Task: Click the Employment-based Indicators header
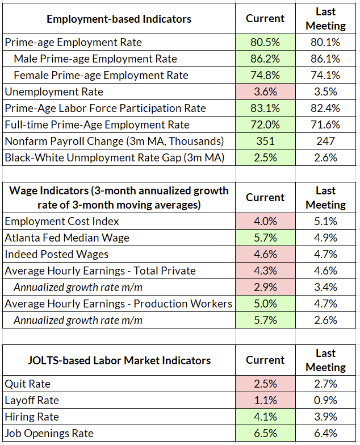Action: [x=119, y=19]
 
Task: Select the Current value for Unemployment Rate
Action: [x=265, y=92]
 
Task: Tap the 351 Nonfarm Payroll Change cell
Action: [x=265, y=141]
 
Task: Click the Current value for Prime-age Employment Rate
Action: [x=265, y=42]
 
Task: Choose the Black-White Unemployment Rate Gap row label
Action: [x=113, y=157]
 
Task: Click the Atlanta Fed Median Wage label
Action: [x=67, y=238]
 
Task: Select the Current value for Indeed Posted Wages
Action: [x=265, y=254]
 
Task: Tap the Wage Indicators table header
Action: [x=119, y=197]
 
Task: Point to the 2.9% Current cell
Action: [x=265, y=287]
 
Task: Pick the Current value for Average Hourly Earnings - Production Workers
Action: [x=265, y=303]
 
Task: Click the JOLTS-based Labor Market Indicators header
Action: [x=119, y=360]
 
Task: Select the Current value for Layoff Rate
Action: [x=265, y=400]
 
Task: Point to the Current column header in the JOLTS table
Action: [x=265, y=360]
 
